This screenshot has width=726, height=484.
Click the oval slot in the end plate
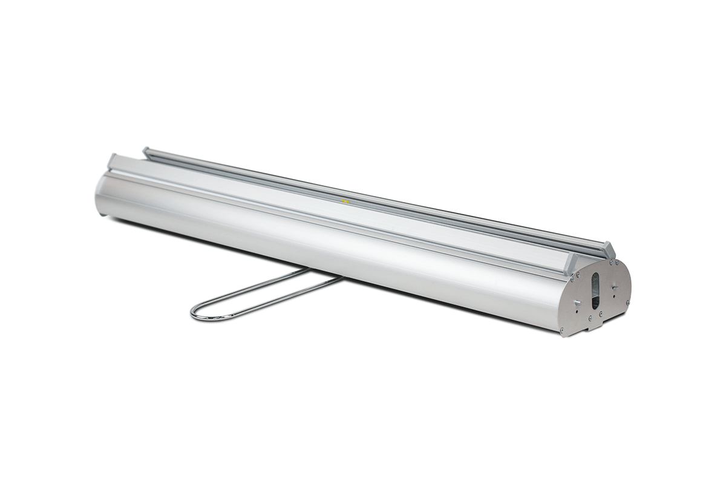pos(595,290)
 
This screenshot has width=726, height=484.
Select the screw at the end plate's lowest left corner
pos(563,330)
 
